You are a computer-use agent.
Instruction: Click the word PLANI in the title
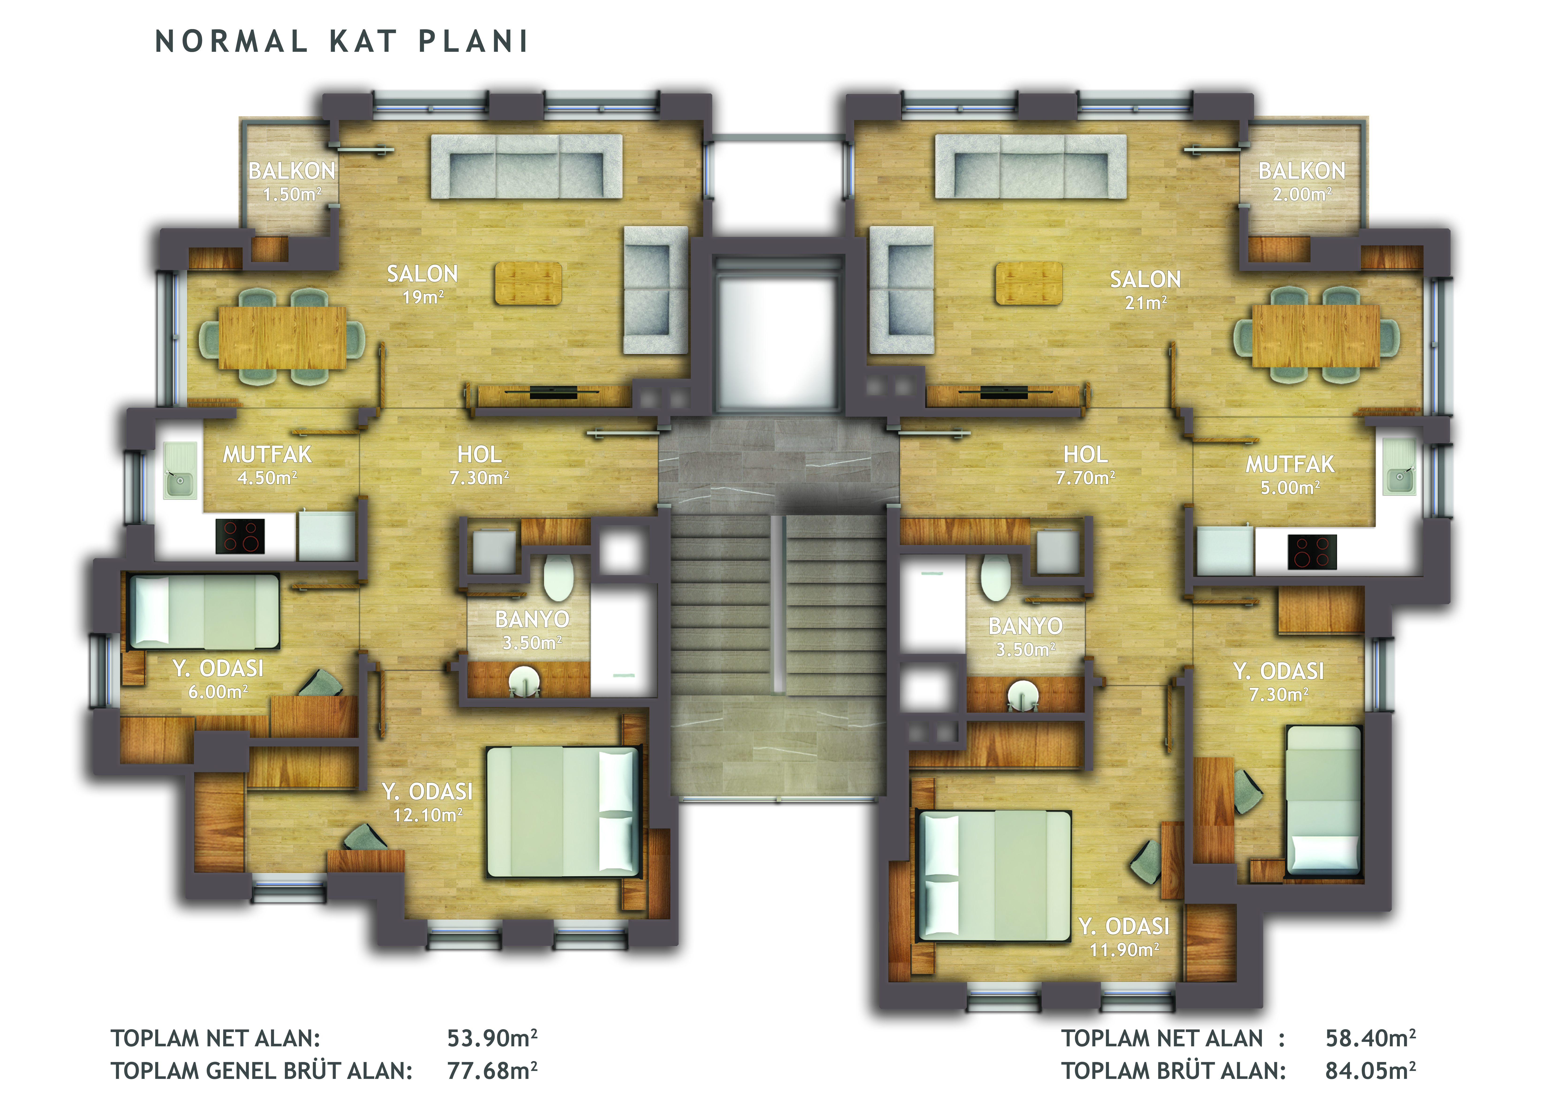click(473, 41)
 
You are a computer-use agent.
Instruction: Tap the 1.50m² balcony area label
click(292, 195)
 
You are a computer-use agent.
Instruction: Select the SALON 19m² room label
click(422, 284)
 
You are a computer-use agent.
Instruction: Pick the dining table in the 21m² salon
click(1315, 336)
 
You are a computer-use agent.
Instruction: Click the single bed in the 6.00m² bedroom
click(204, 611)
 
